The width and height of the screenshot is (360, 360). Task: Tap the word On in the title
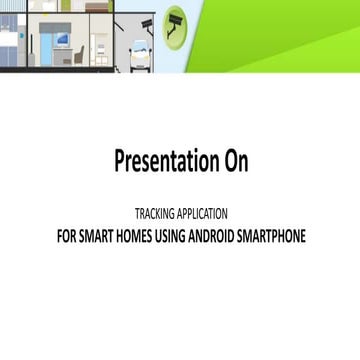(235, 160)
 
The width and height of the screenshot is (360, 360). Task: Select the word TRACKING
(157, 214)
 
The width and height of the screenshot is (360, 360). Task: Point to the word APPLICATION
(203, 214)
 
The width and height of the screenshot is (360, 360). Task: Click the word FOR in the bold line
(66, 237)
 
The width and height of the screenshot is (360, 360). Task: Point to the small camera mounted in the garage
(148, 25)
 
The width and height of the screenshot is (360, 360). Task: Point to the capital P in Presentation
(120, 160)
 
